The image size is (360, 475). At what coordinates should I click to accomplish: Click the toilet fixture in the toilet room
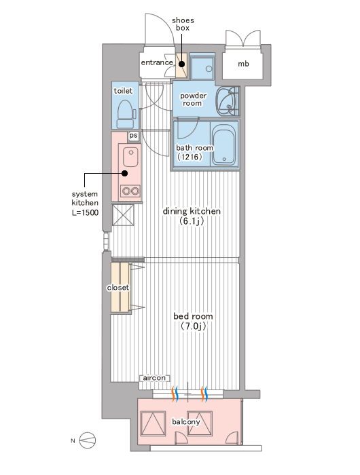(125, 113)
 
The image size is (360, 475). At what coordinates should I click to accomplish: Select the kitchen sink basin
(130, 157)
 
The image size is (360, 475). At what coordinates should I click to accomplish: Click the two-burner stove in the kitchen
(130, 191)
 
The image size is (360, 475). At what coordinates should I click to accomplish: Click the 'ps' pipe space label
(133, 136)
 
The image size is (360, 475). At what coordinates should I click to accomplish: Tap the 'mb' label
(243, 64)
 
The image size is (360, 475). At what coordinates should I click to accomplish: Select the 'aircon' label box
(154, 378)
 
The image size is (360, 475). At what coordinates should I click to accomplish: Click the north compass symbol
(88, 440)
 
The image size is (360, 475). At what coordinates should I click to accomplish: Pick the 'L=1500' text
(85, 212)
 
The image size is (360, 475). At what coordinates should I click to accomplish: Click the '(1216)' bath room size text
(190, 157)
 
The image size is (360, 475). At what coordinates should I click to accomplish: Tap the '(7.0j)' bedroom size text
(193, 326)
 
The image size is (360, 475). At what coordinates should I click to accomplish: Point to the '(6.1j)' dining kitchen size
(192, 221)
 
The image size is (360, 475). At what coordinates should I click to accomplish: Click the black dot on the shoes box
(181, 64)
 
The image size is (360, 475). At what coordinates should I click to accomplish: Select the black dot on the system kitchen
(125, 173)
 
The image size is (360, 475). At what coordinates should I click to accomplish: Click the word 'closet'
(118, 288)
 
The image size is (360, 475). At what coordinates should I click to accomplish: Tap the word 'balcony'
(186, 421)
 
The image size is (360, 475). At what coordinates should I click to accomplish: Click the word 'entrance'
(157, 62)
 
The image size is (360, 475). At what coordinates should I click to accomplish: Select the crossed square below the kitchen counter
(123, 215)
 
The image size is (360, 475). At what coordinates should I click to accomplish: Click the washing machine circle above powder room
(209, 69)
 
